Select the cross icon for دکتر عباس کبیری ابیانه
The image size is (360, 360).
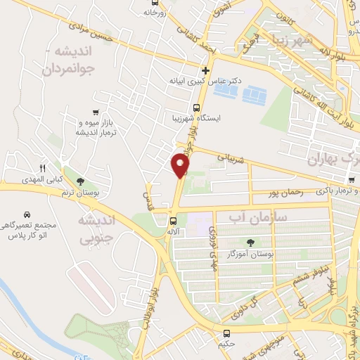205,70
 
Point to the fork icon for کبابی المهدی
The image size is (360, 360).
42,168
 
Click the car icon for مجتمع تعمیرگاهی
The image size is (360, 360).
27,214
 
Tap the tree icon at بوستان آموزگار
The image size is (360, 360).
251,242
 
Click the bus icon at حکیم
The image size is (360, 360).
226,334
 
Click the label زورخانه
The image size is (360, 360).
156,12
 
